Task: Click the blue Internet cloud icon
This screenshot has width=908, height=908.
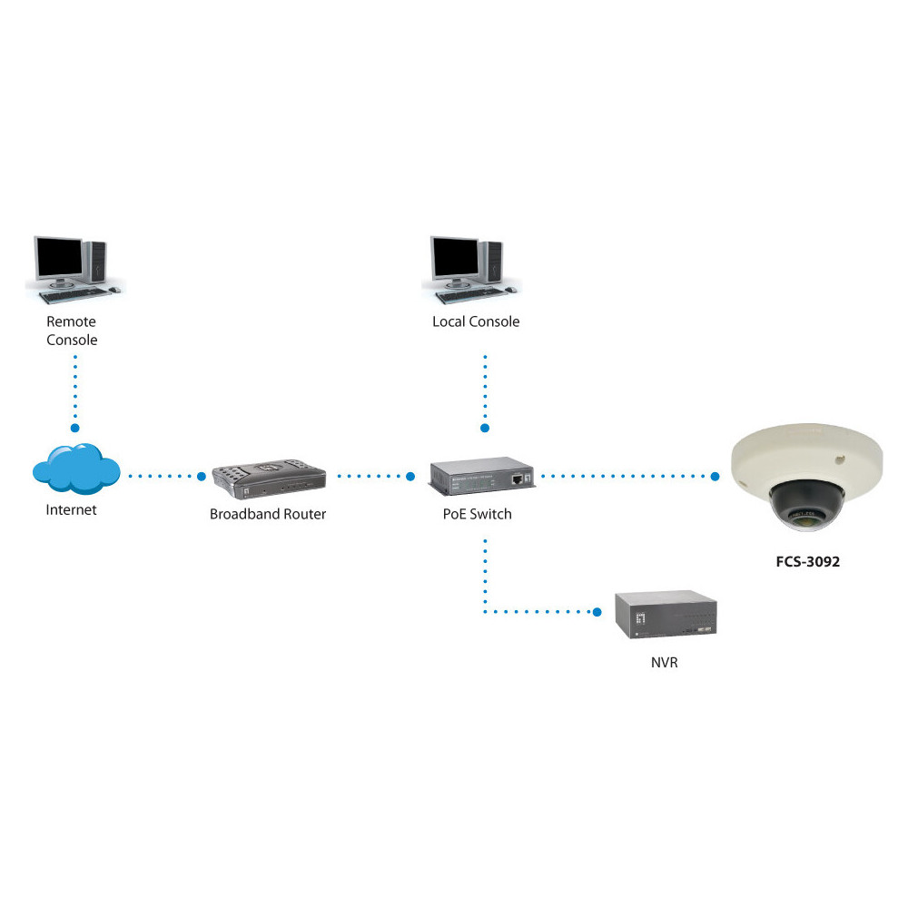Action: click(76, 469)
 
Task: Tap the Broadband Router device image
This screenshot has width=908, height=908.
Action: click(269, 479)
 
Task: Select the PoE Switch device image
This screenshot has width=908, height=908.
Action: click(482, 476)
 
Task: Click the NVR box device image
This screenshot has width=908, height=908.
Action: click(666, 615)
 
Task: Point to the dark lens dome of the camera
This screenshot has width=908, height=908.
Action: click(806, 504)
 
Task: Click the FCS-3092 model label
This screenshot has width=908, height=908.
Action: click(808, 561)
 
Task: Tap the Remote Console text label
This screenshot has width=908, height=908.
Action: click(72, 331)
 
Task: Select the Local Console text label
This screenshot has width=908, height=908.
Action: click(476, 321)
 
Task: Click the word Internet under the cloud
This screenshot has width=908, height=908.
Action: click(71, 509)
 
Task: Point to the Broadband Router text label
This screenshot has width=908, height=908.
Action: click(268, 514)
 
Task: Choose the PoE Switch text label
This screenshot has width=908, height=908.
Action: click(478, 514)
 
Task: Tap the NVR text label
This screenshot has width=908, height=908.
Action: click(665, 663)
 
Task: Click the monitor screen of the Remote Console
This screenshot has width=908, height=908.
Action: click(59, 258)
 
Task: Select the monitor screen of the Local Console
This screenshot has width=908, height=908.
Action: click(456, 258)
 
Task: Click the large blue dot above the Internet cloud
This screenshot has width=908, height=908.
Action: click(74, 428)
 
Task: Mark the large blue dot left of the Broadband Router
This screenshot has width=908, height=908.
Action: click(202, 477)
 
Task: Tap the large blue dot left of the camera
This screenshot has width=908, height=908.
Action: click(716, 477)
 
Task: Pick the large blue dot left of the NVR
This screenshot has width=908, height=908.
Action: click(597, 612)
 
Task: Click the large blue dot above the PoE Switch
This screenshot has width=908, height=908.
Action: click(485, 428)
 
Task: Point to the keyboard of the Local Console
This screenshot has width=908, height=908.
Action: click(470, 296)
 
